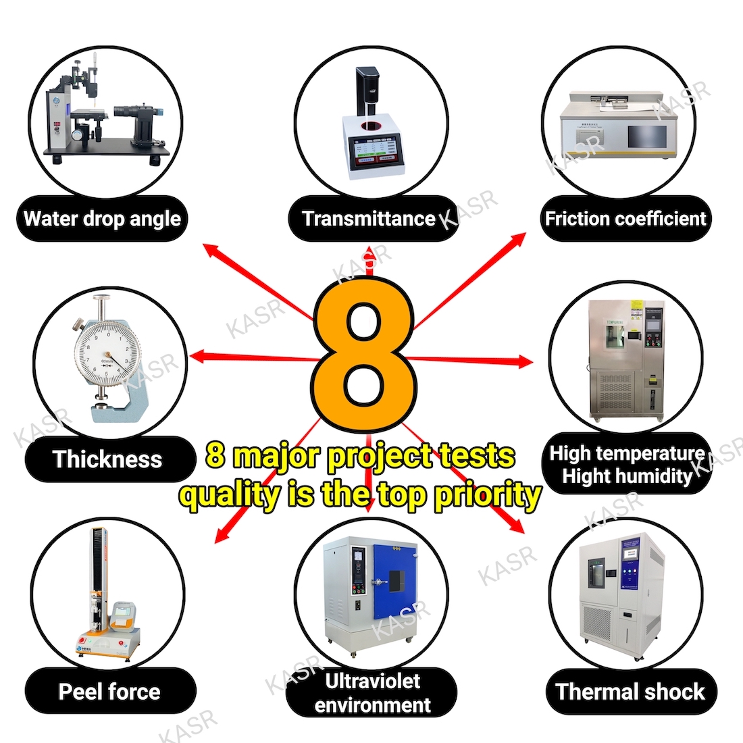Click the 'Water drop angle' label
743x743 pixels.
tap(102, 219)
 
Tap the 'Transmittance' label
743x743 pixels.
tap(369, 218)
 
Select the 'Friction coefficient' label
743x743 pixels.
tap(625, 218)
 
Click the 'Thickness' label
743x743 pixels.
tap(107, 459)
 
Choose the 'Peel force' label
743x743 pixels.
tap(109, 692)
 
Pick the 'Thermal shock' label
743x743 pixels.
tap(630, 692)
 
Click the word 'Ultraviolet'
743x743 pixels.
tap(372, 681)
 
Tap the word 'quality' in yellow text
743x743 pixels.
tap(230, 496)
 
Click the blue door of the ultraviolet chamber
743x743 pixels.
tap(394, 582)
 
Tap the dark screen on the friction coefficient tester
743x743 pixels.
tap(647, 136)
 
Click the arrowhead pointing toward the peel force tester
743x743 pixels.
tap(222, 535)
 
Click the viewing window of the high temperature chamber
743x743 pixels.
tap(614, 336)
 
